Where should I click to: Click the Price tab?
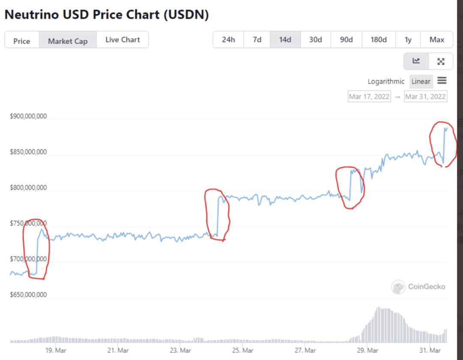[x=21, y=41]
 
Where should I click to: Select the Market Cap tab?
[x=68, y=41]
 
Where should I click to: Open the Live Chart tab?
[x=123, y=39]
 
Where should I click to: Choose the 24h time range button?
[x=228, y=39]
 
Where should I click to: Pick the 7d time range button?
[x=257, y=39]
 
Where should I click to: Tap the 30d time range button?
[x=316, y=39]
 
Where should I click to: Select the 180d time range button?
[x=379, y=39]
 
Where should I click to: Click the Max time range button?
[x=437, y=39]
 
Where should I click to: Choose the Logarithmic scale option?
[x=386, y=81]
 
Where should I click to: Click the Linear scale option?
[x=421, y=81]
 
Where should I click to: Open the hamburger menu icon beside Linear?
[x=442, y=81]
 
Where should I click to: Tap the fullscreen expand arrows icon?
[x=441, y=61]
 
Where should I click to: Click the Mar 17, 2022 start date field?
[x=369, y=96]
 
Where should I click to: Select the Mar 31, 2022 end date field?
[x=425, y=96]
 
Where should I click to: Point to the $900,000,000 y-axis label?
[x=28, y=116]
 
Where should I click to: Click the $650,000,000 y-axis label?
[x=28, y=295]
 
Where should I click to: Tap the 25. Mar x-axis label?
[x=243, y=350]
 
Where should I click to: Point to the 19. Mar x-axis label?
[x=56, y=350]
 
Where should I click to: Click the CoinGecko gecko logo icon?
[x=398, y=287]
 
